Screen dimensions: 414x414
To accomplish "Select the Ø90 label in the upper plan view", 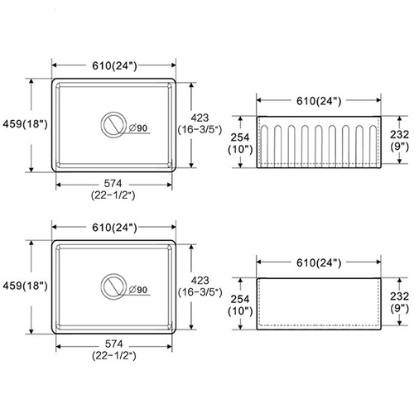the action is click(x=138, y=128).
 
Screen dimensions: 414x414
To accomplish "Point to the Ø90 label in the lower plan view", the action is click(x=138, y=290).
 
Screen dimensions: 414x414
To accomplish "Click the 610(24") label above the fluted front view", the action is click(x=319, y=101).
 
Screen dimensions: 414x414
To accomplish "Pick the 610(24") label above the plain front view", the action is click(x=319, y=263).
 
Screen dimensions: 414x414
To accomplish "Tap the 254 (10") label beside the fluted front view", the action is click(x=240, y=143).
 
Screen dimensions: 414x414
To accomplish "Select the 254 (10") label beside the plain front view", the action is click(x=240, y=305).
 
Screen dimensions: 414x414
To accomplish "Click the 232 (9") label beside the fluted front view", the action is click(x=399, y=140).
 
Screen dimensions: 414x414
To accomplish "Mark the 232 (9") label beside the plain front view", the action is click(x=399, y=302).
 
